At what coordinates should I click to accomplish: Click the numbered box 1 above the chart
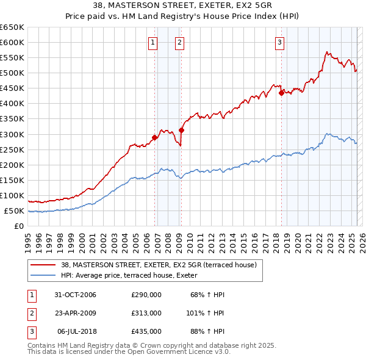152,42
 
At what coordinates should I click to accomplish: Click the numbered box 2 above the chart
180,42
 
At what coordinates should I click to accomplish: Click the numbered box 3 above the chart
279,42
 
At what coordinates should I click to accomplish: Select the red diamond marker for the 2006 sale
155,137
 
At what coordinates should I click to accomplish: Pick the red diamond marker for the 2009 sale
182,130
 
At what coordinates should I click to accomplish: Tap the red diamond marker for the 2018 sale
281,93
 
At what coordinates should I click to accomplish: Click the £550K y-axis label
12,57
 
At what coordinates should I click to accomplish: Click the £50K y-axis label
15,211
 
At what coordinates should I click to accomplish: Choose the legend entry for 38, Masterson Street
162,265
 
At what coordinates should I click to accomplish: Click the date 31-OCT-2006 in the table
76,295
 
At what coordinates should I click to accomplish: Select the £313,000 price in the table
146,312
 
